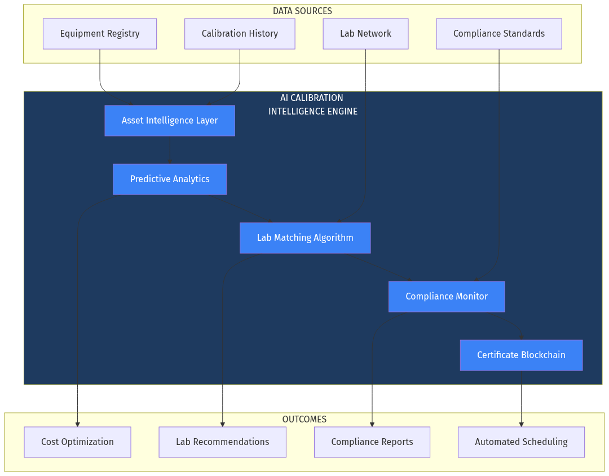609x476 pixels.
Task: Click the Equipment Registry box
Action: click(100, 34)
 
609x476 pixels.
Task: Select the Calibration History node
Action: click(240, 34)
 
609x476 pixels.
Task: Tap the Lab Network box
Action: click(365, 34)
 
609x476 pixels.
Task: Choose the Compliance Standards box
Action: click(498, 34)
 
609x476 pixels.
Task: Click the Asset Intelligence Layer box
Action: click(170, 121)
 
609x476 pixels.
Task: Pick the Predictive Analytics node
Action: click(170, 179)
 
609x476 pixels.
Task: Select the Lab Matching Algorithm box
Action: click(305, 238)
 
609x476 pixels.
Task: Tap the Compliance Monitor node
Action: click(447, 297)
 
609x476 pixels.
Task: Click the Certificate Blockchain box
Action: click(521, 355)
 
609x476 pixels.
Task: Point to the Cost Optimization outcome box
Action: click(77, 442)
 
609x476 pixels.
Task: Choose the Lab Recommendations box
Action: click(222, 442)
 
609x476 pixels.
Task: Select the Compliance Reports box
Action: click(372, 442)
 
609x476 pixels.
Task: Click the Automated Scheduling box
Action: click(521, 442)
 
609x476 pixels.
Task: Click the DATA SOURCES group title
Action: click(302, 11)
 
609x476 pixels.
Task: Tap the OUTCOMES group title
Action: click(304, 420)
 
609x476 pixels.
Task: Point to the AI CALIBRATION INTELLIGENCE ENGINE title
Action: click(312, 105)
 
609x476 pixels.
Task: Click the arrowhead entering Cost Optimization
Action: click(77, 424)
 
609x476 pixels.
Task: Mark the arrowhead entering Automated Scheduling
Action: click(521, 424)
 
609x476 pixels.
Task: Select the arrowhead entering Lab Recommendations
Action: click(222, 424)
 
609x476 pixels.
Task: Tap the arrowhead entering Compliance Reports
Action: click(372, 424)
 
